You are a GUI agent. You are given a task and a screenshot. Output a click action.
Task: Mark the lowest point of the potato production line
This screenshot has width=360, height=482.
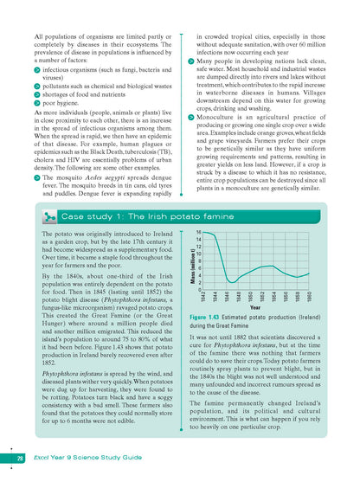[231, 282]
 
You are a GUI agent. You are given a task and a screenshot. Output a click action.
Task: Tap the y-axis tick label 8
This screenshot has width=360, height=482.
[200, 260]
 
